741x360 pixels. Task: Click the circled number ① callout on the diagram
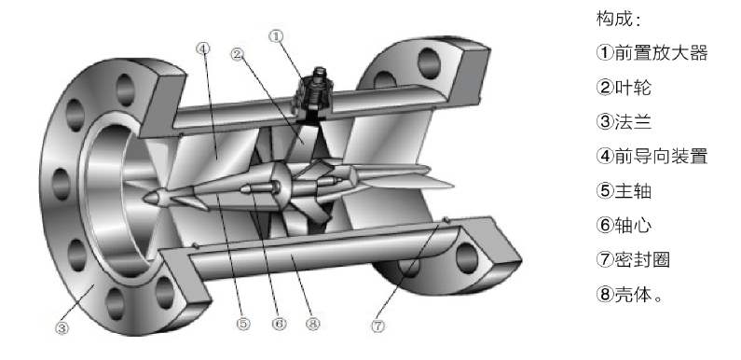pos(277,36)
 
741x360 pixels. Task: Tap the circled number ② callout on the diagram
pos(238,54)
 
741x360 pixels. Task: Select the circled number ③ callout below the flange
pos(62,328)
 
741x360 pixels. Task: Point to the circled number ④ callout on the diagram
pos(203,48)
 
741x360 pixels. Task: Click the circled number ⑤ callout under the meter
pos(243,324)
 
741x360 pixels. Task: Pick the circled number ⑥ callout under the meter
pos(280,324)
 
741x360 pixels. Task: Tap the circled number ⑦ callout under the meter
pos(377,325)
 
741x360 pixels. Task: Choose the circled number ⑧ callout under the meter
pos(313,324)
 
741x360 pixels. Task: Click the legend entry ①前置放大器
pos(652,52)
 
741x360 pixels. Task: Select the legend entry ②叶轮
pos(624,87)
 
